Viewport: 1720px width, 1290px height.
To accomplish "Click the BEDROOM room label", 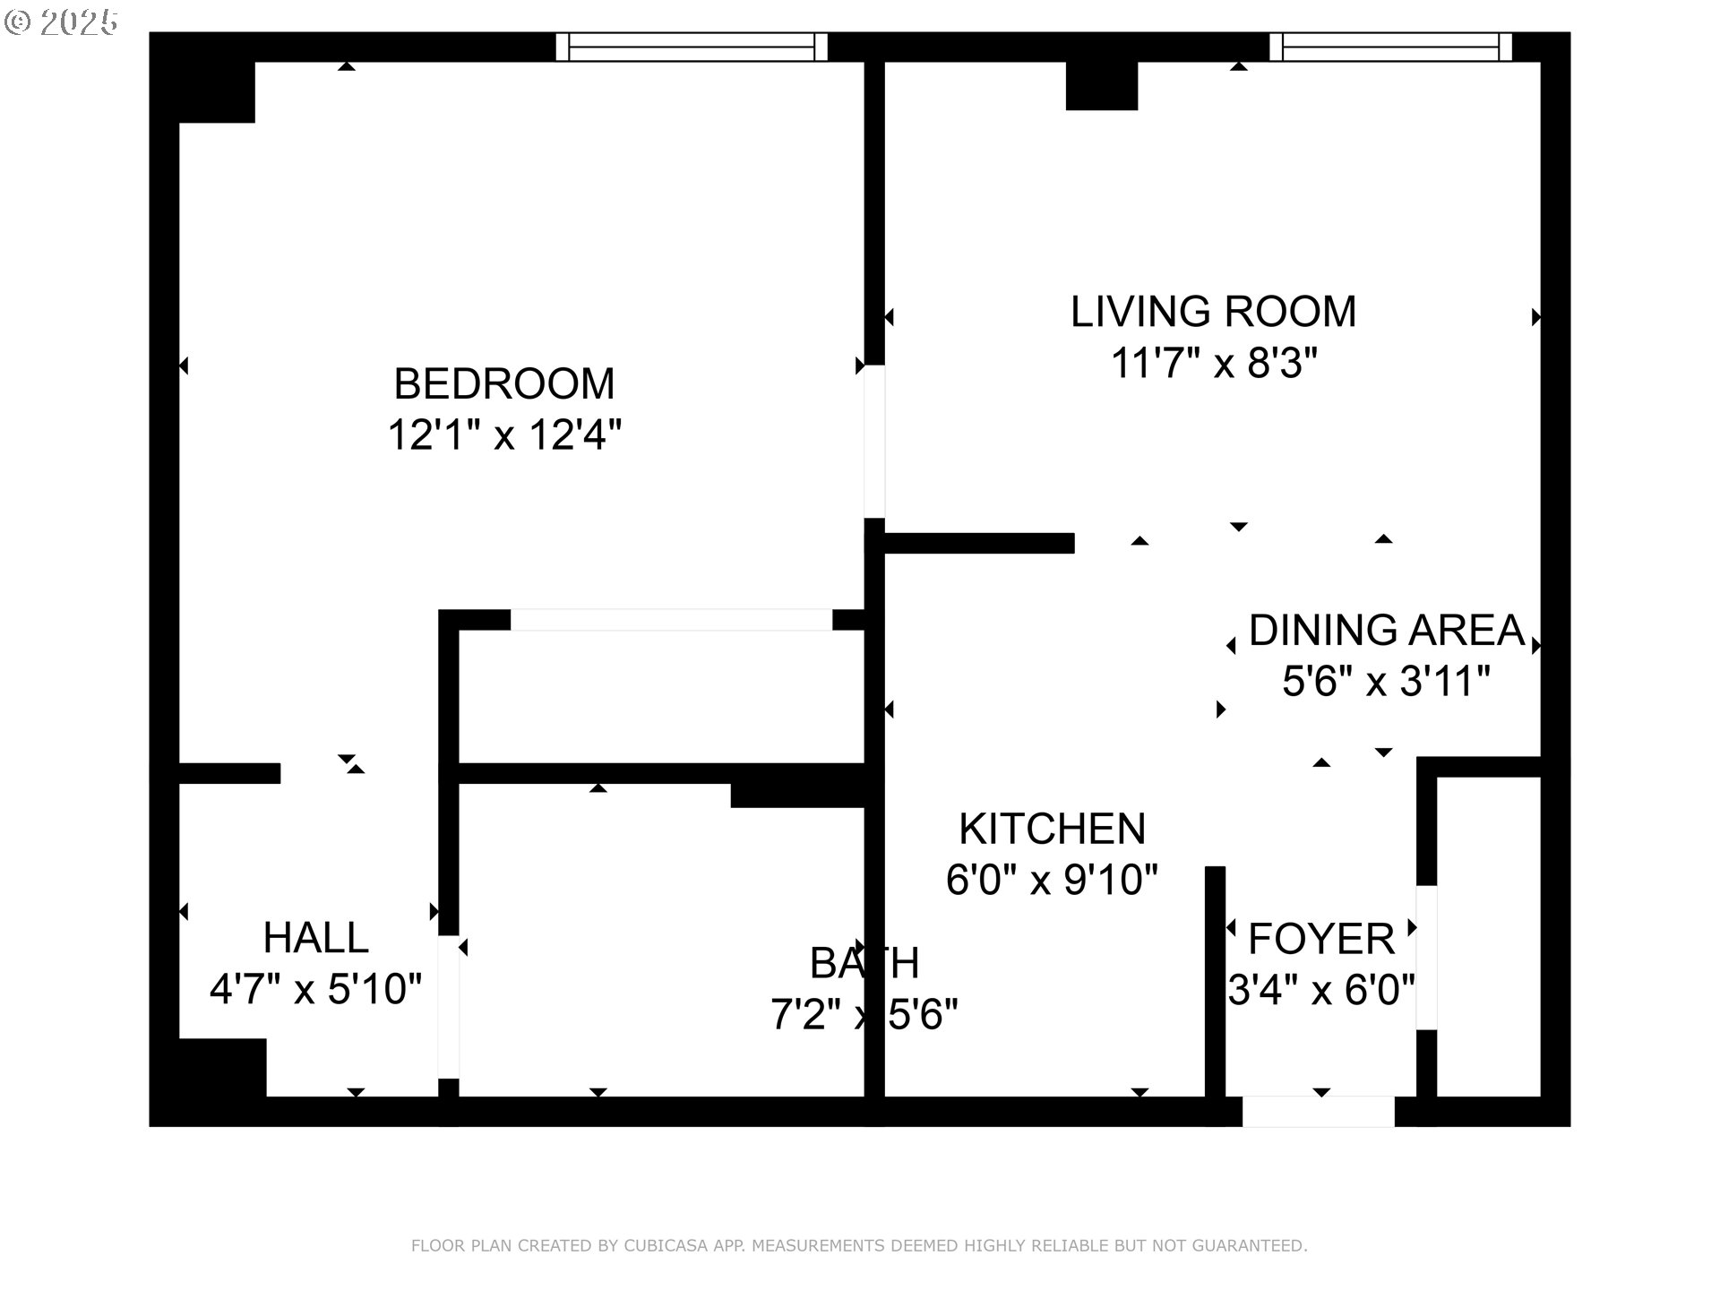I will tap(504, 384).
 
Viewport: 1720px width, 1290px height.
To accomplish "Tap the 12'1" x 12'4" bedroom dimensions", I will tap(504, 436).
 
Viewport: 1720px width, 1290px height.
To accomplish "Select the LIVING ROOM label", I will tap(1213, 312).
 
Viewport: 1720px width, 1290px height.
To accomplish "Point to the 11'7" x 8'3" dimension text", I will tap(1213, 364).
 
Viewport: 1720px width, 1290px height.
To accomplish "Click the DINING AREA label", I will tap(1386, 631).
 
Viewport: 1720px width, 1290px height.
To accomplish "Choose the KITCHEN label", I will tap(1052, 829).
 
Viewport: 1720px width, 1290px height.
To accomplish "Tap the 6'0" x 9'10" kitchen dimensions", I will tap(1052, 880).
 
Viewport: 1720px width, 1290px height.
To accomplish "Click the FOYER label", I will tap(1321, 939).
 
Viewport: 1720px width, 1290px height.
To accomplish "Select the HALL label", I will tap(315, 938).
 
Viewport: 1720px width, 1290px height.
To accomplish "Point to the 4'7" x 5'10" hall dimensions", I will tap(315, 990).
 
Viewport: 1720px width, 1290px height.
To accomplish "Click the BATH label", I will tap(864, 964).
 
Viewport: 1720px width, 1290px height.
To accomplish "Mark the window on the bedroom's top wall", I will tap(691, 47).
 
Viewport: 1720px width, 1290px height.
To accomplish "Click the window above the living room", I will tap(1390, 47).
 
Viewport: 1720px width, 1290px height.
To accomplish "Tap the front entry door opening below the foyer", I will tap(1318, 1112).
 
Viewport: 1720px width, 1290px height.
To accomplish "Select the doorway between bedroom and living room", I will tap(874, 441).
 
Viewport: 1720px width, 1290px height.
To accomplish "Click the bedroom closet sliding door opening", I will tap(671, 620).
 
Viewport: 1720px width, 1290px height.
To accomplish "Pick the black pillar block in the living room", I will tap(1101, 86).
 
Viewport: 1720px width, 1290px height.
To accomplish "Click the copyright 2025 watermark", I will tap(61, 22).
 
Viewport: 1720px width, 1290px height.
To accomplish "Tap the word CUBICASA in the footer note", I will tap(666, 1246).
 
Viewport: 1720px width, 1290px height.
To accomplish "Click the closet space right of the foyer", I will tap(1488, 936).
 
